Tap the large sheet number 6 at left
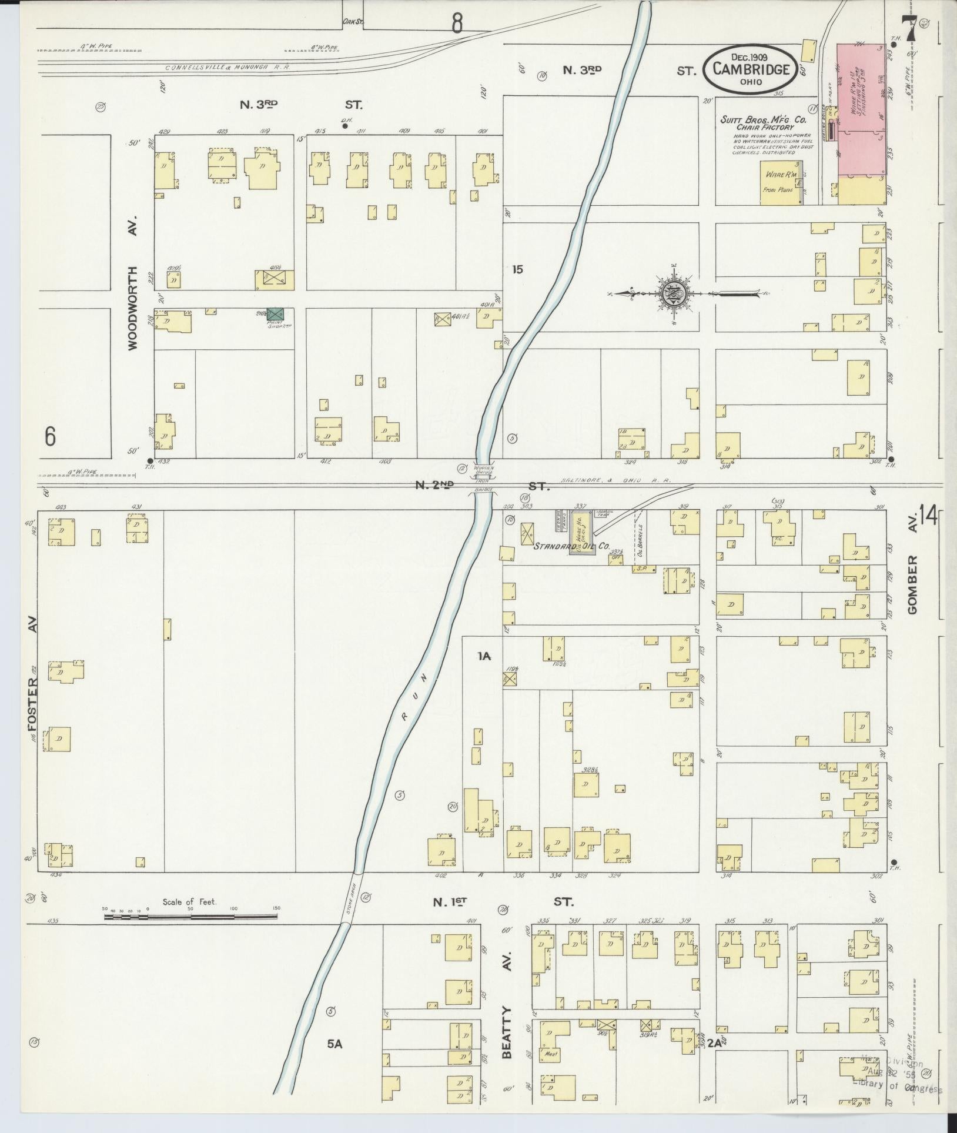point(51,437)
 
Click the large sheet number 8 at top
point(457,23)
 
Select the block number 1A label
point(484,656)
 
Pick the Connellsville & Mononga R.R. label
point(227,67)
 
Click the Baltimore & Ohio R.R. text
point(624,480)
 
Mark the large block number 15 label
point(517,270)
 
